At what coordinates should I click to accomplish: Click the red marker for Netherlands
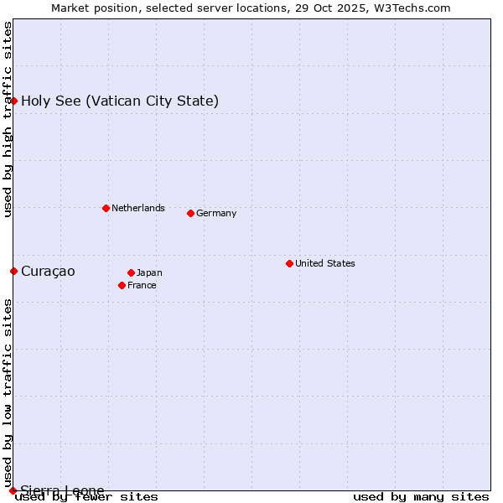[106, 208]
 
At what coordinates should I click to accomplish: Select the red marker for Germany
[190, 213]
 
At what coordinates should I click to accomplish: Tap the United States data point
[289, 263]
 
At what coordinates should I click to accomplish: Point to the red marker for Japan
[131, 272]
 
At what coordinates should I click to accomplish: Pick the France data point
[122, 285]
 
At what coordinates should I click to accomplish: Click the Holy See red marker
[13, 101]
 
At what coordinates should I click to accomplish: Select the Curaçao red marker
[13, 271]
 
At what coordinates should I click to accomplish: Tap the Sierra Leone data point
[13, 490]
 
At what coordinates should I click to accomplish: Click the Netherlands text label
[137, 208]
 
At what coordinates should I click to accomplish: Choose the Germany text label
[216, 213]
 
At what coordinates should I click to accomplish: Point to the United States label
[324, 263]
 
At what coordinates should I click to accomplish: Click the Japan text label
[149, 272]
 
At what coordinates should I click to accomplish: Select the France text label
[142, 285]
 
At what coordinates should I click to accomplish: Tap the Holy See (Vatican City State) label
[120, 101]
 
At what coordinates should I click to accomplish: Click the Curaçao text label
[48, 271]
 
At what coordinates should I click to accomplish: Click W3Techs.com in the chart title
[411, 8]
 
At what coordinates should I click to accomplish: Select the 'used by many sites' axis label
[421, 496]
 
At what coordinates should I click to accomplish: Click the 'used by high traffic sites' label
[8, 119]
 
